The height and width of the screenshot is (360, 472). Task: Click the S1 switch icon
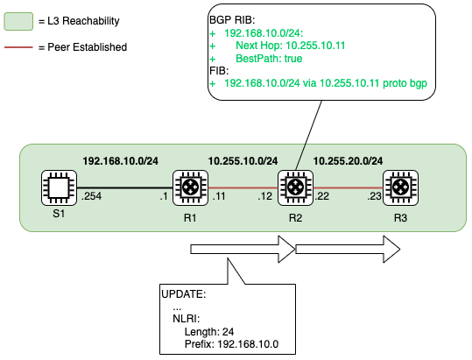pos(59,187)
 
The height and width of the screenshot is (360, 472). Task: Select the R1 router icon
pos(190,187)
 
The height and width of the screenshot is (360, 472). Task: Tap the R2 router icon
pos(295,187)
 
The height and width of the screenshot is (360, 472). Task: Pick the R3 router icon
pos(400,187)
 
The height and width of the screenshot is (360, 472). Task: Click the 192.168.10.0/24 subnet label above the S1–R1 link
pos(121,161)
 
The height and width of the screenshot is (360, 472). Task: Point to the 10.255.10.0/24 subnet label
pos(243,161)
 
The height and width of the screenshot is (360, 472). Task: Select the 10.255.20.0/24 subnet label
pos(348,161)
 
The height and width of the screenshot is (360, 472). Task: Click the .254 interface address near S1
pos(91,196)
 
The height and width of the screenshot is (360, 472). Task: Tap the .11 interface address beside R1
pos(219,196)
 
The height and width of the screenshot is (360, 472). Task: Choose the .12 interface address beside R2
pos(264,196)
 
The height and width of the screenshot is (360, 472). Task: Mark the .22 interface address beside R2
pos(321,196)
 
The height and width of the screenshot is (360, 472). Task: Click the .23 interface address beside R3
pos(374,196)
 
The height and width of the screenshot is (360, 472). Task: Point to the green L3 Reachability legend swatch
pos(18,21)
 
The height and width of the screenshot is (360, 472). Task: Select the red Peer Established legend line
pos(18,47)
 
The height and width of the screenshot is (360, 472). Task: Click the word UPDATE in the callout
pos(182,294)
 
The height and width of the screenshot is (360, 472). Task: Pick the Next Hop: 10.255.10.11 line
pos(290,46)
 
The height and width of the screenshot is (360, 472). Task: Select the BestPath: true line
pos(269,59)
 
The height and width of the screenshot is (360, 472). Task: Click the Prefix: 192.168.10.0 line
pos(231,343)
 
